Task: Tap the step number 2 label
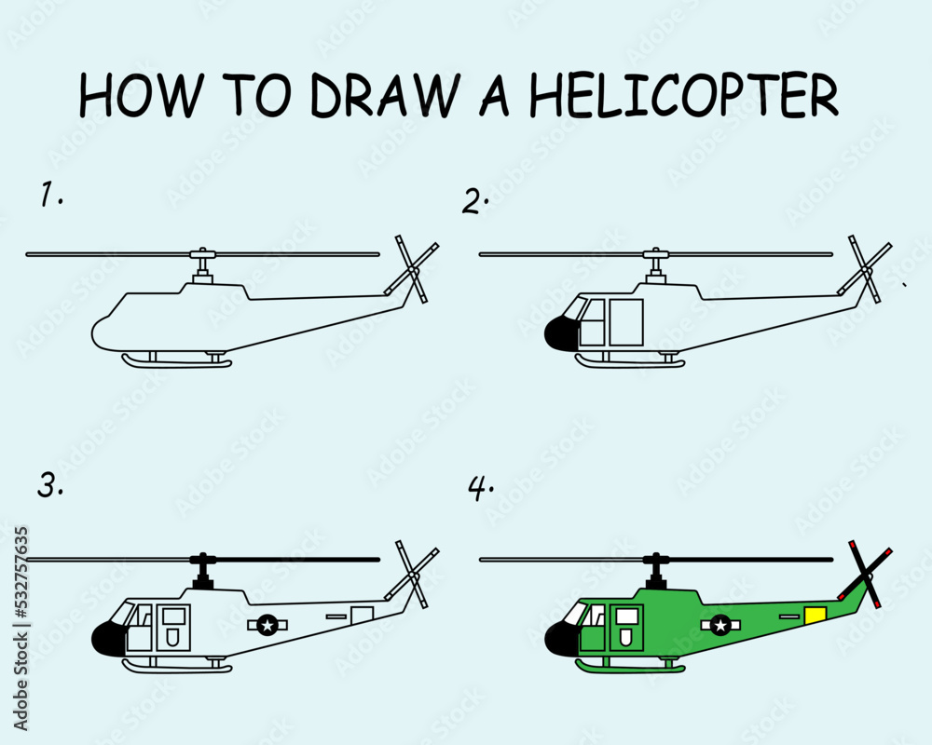tap(476, 201)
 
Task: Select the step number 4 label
tap(480, 488)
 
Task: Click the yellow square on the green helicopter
tap(815, 615)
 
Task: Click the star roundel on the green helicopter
tap(720, 625)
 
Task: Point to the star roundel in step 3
tap(268, 625)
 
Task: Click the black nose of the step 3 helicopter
tap(109, 638)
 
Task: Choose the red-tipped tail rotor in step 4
tap(865, 574)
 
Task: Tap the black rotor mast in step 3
tap(202, 570)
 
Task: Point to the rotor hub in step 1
tap(202, 254)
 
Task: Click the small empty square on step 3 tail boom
tap(362, 615)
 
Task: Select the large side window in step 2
tap(625, 323)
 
